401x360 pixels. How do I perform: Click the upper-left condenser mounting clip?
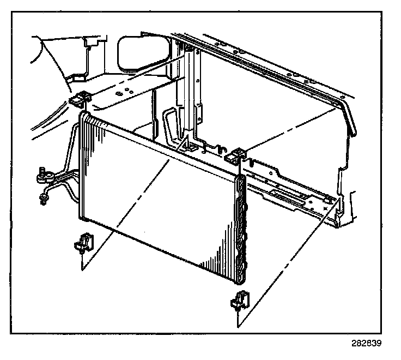click(79, 100)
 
